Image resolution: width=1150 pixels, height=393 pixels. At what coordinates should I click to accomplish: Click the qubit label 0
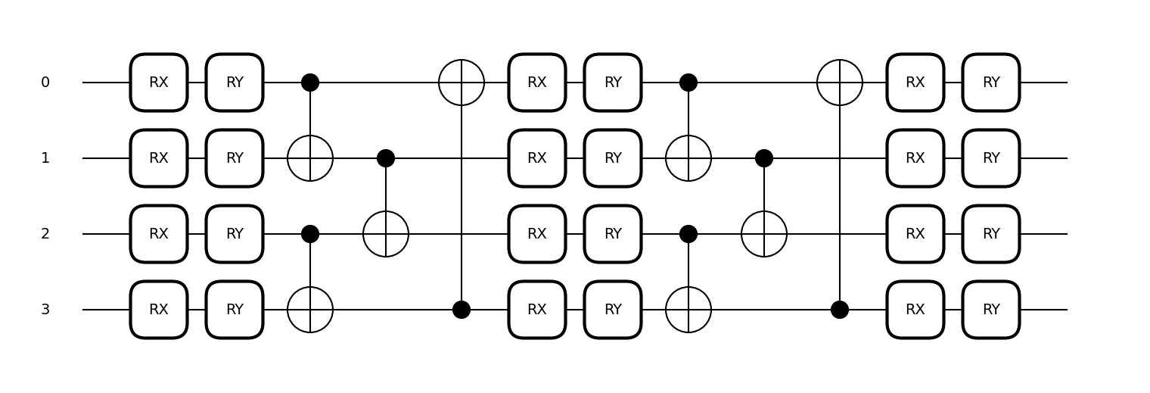[x=45, y=83]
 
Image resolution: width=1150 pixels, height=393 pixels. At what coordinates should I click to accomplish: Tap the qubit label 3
[x=45, y=310]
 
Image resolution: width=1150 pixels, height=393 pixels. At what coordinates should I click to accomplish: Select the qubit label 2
[x=45, y=234]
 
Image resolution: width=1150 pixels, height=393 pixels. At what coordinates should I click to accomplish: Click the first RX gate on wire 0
[x=159, y=83]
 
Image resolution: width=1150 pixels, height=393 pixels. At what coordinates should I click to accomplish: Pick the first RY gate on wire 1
[x=235, y=158]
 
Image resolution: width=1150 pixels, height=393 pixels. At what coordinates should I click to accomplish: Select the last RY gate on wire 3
[x=991, y=310]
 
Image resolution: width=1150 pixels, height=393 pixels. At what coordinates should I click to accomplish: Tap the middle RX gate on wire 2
[x=537, y=234]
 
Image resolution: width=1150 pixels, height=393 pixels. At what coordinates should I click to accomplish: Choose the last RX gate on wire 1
[x=915, y=158]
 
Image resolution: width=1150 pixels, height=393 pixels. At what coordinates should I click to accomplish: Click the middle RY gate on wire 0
[x=613, y=83]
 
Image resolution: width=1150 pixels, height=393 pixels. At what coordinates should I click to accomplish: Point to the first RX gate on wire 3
[x=159, y=310]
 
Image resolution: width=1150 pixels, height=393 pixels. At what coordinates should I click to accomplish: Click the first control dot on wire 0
[x=310, y=83]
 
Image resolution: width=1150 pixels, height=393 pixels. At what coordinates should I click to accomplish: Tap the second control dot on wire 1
[x=764, y=158]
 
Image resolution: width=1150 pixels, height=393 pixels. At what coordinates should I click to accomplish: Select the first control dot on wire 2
[x=310, y=234]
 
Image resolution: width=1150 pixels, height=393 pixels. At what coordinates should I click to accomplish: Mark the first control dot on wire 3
[x=462, y=310]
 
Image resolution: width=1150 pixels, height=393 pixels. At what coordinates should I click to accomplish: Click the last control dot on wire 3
[x=840, y=310]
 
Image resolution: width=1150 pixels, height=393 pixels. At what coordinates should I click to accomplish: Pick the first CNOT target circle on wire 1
[x=310, y=158]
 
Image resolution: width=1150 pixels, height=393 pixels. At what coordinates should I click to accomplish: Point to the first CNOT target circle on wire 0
[x=462, y=83]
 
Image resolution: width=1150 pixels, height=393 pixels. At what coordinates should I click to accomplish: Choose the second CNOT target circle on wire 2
[x=764, y=234]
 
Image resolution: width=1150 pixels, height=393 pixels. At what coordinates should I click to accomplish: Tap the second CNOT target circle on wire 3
[x=688, y=310]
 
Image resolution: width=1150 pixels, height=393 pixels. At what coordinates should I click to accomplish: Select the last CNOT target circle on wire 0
[x=840, y=83]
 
